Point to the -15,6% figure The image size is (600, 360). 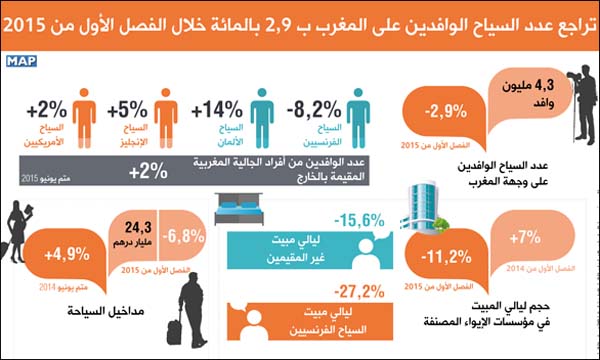click(358, 220)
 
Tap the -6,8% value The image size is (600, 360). click(190, 238)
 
